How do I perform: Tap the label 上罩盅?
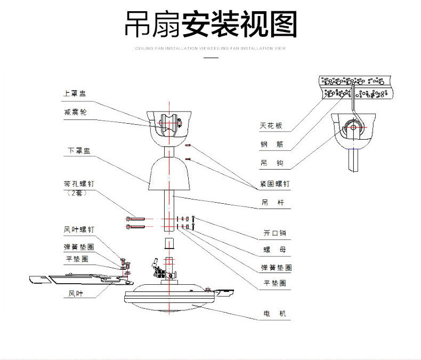pos(75,93)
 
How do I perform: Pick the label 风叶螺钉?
pos(79,229)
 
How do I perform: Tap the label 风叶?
pos(75,293)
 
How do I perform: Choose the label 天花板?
pos(271,126)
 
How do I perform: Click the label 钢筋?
pos(271,144)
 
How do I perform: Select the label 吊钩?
pos(271,162)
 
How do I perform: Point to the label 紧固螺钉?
pos(275,184)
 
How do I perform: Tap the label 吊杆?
pos(271,203)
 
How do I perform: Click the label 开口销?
pos(275,233)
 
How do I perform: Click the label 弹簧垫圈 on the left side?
pos(79,247)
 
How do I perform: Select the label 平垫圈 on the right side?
pos(275,283)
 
